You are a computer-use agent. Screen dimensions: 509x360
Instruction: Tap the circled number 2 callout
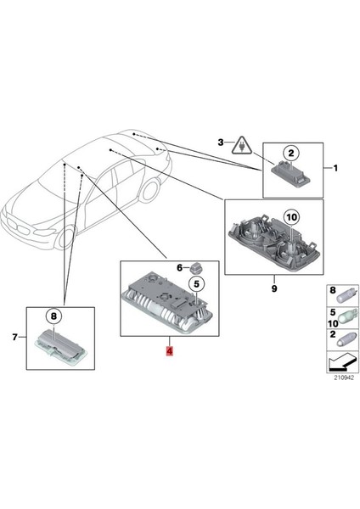pos(290,153)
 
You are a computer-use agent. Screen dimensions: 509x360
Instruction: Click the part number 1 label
pos(335,169)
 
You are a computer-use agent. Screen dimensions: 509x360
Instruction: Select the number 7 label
pos(14,338)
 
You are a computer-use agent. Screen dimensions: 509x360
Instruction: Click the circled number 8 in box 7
pos(53,316)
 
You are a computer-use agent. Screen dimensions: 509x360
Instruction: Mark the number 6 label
pos(179,267)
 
